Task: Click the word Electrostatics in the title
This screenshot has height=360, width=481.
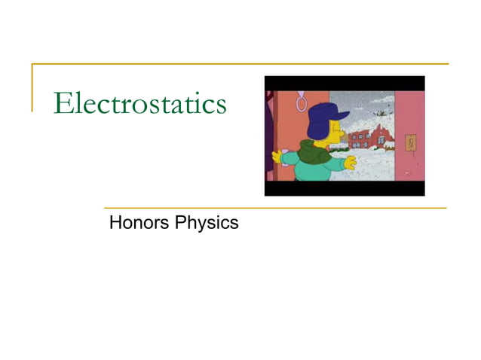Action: pyautogui.click(x=140, y=104)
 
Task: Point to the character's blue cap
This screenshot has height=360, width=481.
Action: pyautogui.click(x=321, y=117)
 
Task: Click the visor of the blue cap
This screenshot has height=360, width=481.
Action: pyautogui.click(x=342, y=114)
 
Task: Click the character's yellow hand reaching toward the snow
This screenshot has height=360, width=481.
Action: pyautogui.click(x=348, y=162)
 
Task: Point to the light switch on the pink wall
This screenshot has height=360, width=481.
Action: pyautogui.click(x=410, y=142)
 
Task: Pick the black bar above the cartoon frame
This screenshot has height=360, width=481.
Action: pyautogui.click(x=344, y=83)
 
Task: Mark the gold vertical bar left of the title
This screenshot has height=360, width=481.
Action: pyautogui.click(x=32, y=87)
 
